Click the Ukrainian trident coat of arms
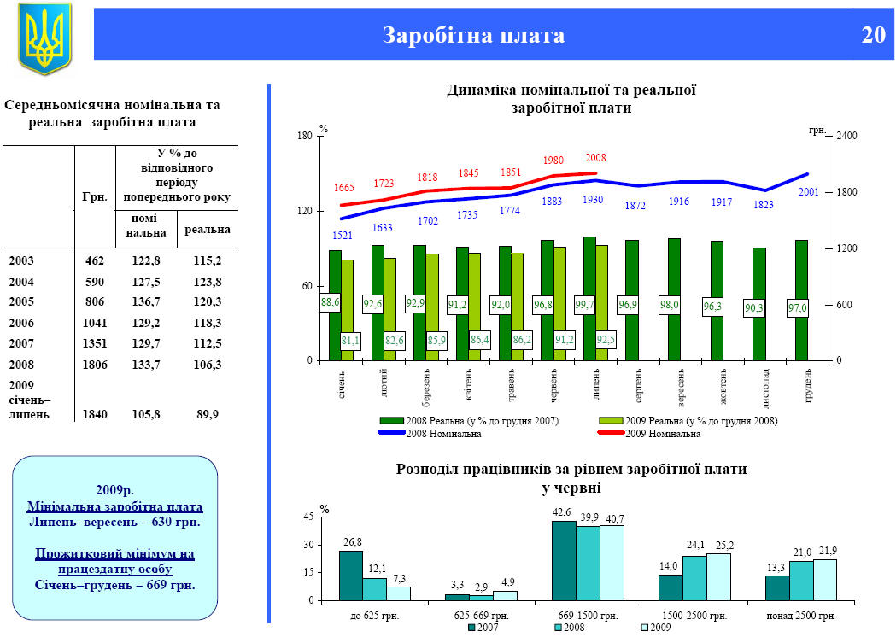tap(44, 38)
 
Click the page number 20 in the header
tap(873, 35)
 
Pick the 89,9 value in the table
tap(208, 414)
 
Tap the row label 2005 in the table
tap(22, 301)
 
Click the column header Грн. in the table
tap(95, 196)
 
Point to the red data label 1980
tap(553, 161)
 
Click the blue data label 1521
tap(343, 235)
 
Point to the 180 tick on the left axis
tap(303, 136)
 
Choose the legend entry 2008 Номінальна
tap(442, 434)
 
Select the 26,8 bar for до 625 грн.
tap(351, 575)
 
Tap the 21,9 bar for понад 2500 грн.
tap(825, 579)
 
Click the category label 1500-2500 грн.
tap(694, 615)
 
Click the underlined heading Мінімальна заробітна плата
tap(114, 506)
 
